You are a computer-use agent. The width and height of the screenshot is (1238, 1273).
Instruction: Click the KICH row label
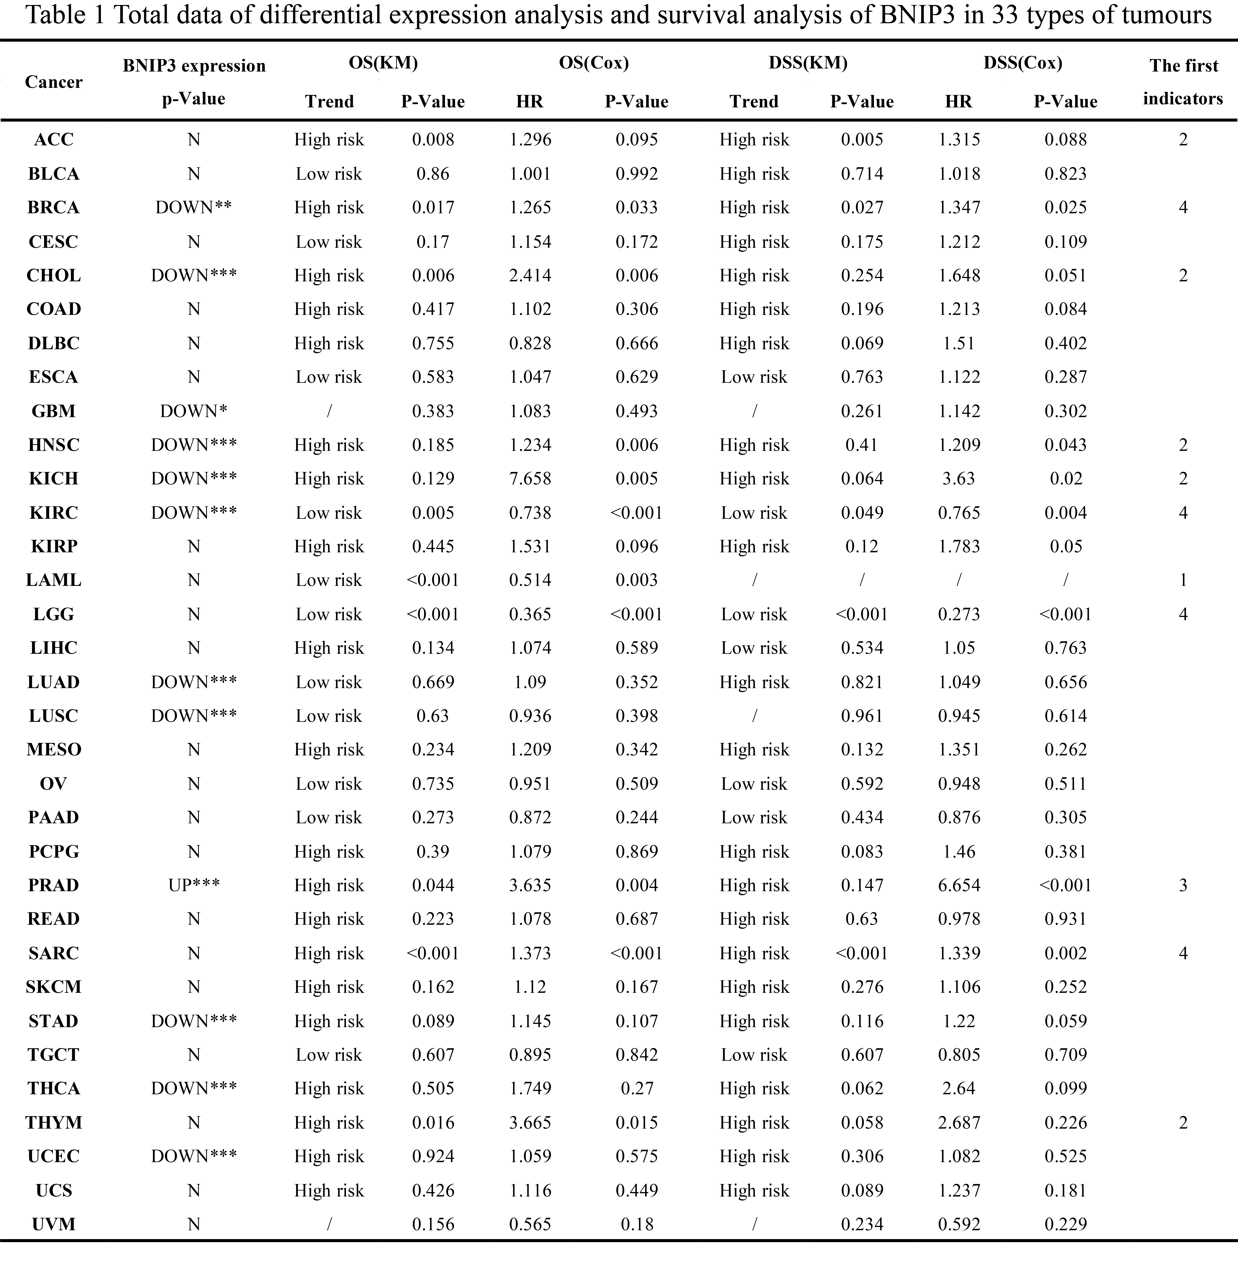pos(53,479)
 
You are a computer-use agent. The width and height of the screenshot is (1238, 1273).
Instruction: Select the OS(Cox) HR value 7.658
pos(530,479)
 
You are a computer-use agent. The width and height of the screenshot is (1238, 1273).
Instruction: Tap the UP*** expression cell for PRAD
pos(194,885)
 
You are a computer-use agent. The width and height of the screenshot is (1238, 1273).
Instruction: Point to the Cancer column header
pos(53,82)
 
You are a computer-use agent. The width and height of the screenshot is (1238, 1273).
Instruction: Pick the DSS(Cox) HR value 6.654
pos(959,885)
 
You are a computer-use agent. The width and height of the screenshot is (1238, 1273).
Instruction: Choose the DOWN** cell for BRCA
pos(194,208)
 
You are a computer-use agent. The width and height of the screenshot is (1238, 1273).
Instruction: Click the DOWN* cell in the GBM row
pos(194,411)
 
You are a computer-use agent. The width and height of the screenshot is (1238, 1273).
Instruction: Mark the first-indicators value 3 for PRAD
pos(1183,885)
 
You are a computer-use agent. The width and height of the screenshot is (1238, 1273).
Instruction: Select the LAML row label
pos(53,580)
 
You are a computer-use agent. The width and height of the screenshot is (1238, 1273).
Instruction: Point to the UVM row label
pos(53,1224)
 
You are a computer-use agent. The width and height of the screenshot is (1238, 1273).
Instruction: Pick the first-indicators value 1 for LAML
pos(1183,580)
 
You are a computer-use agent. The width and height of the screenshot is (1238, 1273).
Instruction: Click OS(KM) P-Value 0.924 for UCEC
pos(433,1157)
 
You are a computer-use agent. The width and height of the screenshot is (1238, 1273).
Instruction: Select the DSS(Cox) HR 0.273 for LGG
pos(959,614)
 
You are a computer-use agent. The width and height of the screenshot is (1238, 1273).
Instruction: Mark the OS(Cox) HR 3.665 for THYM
pos(530,1123)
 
